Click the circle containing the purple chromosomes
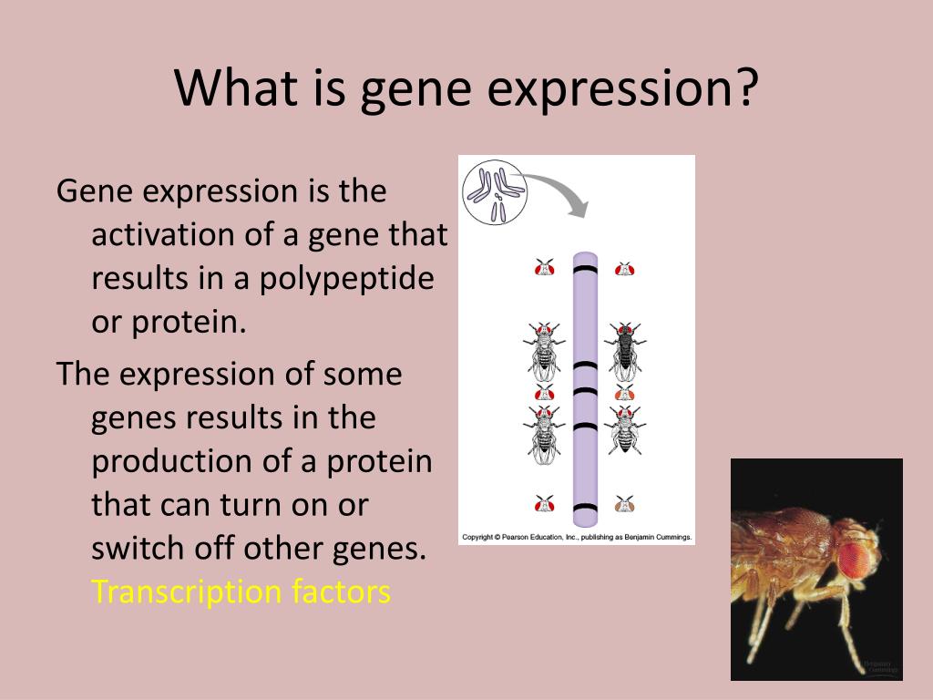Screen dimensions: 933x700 495,191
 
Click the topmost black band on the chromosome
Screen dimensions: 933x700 585,270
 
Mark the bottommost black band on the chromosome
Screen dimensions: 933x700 585,509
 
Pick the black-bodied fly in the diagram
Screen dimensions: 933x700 625,351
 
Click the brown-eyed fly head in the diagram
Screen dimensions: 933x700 624,503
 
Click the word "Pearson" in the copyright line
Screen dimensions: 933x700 516,537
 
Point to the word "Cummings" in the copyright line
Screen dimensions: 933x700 673,537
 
